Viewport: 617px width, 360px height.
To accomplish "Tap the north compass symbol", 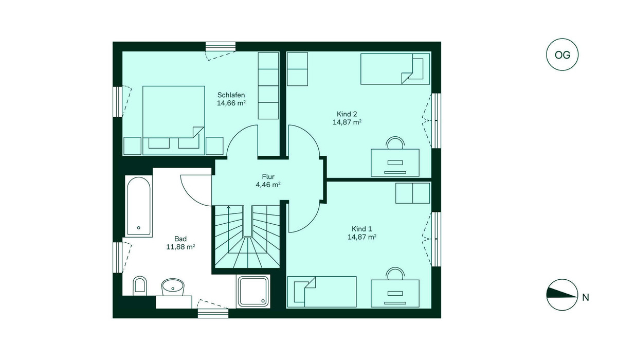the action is pos(562,295).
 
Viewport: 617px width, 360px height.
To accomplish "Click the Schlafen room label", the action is pos(231,95).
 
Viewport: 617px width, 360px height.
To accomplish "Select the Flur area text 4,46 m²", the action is pos(268,185).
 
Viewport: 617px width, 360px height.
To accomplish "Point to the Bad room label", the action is pos(180,239).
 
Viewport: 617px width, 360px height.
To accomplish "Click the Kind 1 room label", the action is pos(361,229).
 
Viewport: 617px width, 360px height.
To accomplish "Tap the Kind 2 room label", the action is pos(347,114).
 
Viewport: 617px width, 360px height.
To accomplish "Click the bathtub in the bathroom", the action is pos(139,206).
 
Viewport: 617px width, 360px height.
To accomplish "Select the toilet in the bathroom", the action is pos(140,285).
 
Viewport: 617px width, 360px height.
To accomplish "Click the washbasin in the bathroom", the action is pos(173,287).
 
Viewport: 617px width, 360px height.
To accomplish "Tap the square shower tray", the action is pos(253,292).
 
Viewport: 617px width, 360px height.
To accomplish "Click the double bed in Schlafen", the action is pos(174,120).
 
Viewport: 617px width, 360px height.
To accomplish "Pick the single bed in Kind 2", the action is pos(395,69).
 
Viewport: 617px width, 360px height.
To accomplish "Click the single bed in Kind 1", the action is pos(322,292).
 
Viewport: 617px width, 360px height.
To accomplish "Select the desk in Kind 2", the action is pos(395,163).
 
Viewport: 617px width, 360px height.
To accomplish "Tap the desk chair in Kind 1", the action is pos(395,273).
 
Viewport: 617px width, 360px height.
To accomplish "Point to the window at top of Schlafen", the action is pos(221,46).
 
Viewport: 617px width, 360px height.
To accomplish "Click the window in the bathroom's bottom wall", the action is pos(213,313).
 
